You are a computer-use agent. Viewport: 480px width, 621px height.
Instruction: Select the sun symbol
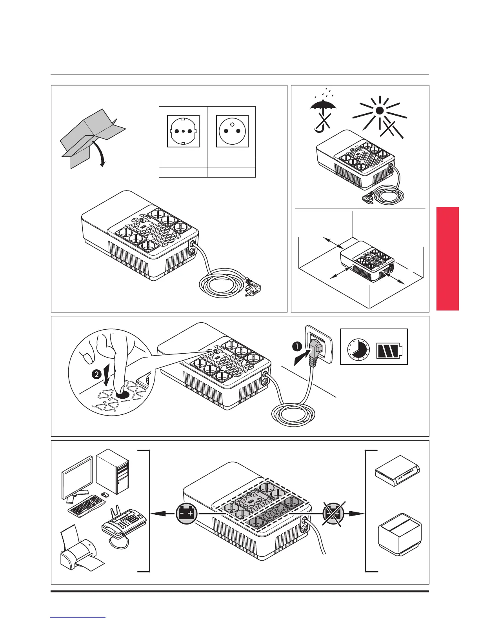tap(379, 111)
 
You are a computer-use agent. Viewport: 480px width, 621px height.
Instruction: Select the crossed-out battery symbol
tap(333, 513)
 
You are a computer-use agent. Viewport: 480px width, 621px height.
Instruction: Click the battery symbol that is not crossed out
tap(187, 513)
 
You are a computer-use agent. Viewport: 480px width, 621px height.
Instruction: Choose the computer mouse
tap(104, 495)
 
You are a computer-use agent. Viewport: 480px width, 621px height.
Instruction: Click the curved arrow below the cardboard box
tap(101, 153)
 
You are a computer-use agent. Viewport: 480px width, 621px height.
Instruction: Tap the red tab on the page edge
tap(447, 258)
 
